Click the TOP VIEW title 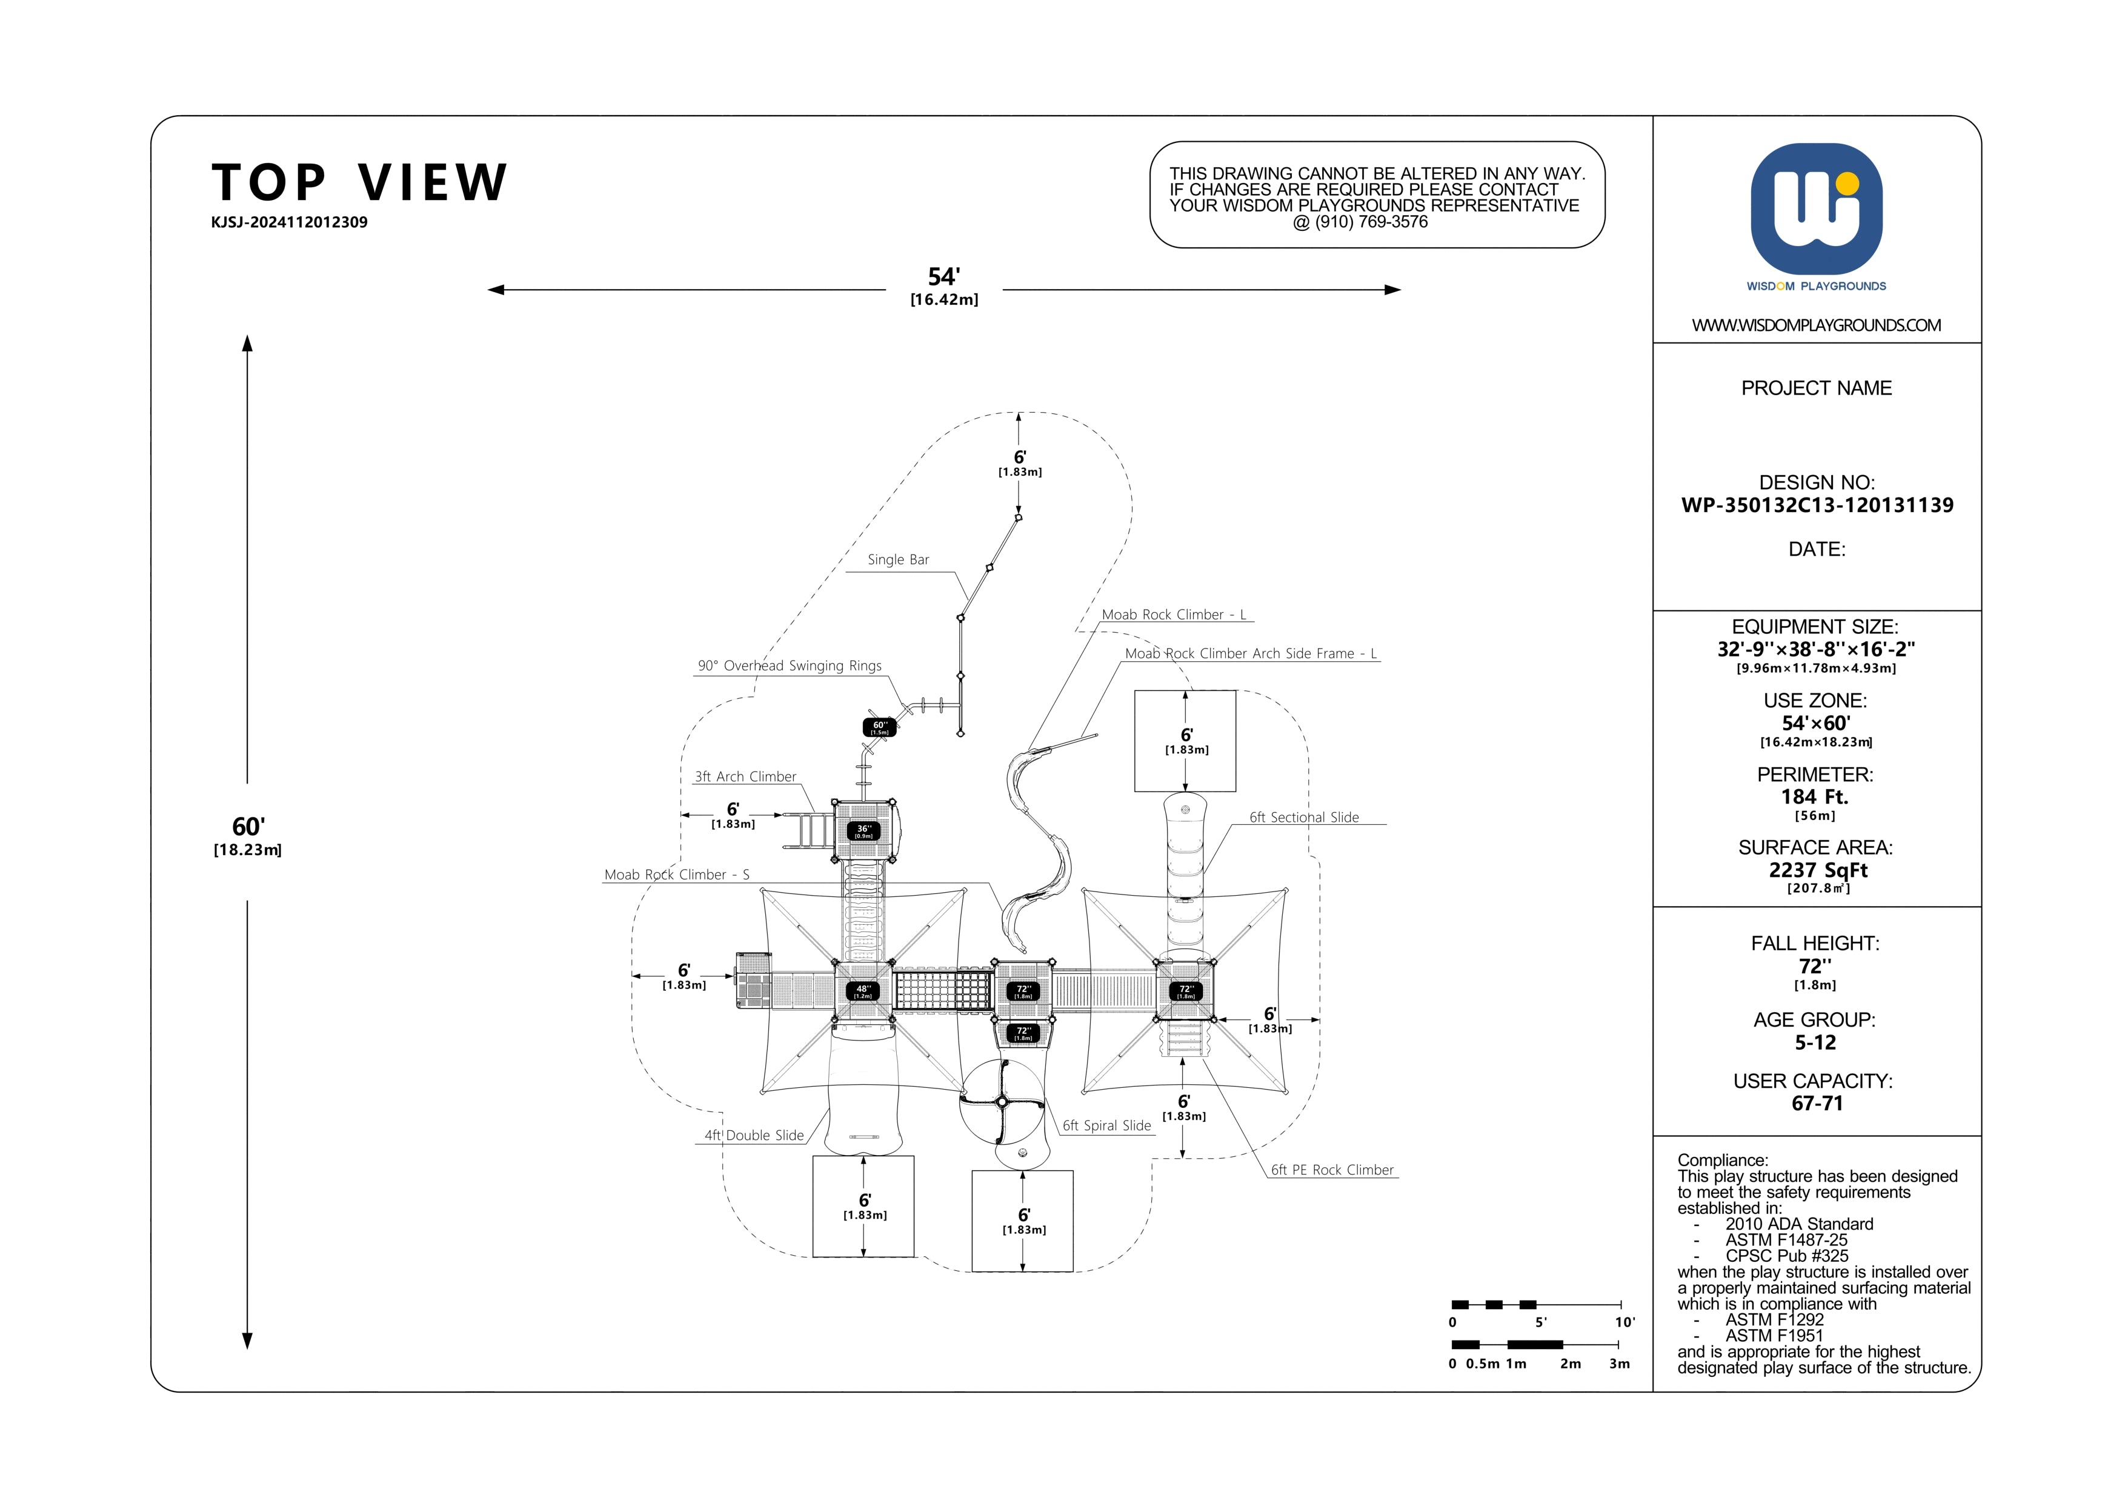pos(359,182)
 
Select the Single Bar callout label pos(898,560)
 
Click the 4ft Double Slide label pos(754,1136)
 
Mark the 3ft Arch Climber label pos(745,778)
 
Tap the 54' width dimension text pos(944,277)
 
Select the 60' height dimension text pos(248,827)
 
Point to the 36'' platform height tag pos(863,831)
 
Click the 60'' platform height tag pos(879,727)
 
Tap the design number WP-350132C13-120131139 pos(1817,505)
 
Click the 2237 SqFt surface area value pos(1818,871)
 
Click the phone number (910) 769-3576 pos(1372,222)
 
